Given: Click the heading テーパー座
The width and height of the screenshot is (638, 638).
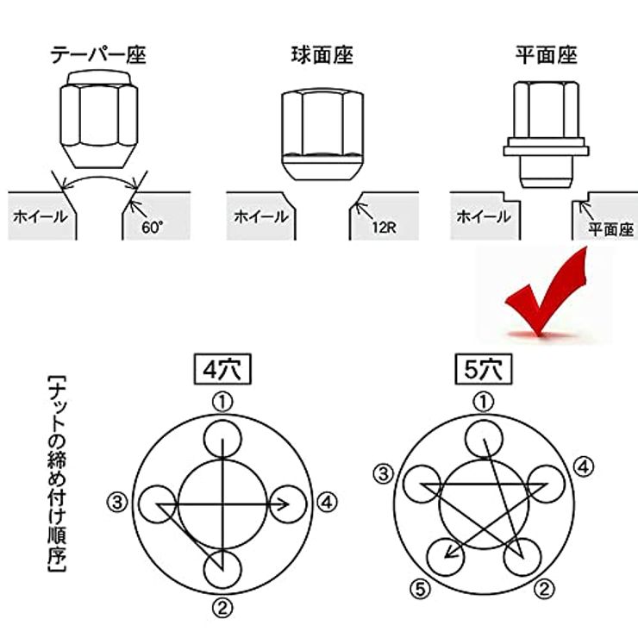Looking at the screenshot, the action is (x=98, y=55).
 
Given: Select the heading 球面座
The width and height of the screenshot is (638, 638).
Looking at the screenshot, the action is (x=322, y=55).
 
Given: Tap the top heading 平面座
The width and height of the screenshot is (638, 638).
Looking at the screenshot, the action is (x=546, y=55).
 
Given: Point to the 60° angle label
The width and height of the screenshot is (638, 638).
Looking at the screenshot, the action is (x=153, y=227).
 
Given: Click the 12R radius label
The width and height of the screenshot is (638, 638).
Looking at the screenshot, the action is (x=385, y=227).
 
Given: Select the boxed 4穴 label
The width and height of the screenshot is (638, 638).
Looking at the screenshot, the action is (x=222, y=369).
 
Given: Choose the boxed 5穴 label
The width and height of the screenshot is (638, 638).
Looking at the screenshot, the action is (x=484, y=369).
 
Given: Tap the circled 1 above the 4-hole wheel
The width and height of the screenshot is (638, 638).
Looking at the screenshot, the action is (x=222, y=402).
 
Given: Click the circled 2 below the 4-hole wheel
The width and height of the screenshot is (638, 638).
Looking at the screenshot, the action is (x=222, y=608).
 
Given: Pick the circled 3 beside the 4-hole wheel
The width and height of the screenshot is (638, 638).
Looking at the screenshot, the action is (x=117, y=503).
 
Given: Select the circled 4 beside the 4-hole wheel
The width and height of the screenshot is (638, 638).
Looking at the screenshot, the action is (x=328, y=503).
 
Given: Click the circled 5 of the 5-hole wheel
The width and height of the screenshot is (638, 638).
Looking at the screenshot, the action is (x=421, y=589).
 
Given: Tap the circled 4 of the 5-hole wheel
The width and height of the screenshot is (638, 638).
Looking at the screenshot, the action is (x=584, y=466).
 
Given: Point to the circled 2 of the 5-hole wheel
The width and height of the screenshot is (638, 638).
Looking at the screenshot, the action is (x=544, y=589).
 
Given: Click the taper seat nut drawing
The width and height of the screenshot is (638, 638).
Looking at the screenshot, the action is (x=99, y=119).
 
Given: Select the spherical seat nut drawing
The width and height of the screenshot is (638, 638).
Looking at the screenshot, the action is (x=322, y=134).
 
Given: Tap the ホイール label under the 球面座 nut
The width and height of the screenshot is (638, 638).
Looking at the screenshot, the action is (x=261, y=216).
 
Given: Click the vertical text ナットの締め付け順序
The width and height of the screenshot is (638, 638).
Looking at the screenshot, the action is (x=57, y=474).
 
